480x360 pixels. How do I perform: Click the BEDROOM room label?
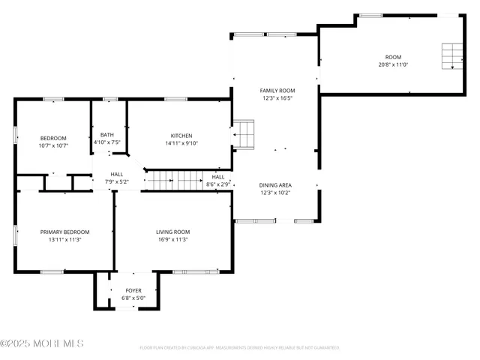click(x=53, y=138)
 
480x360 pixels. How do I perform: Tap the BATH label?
click(x=107, y=135)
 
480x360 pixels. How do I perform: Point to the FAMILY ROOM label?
click(x=277, y=91)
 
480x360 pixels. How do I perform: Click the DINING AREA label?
click(x=276, y=184)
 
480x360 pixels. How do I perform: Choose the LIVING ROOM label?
click(x=172, y=232)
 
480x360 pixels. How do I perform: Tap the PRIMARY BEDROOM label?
click(x=64, y=232)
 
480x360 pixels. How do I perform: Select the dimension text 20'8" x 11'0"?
click(x=393, y=65)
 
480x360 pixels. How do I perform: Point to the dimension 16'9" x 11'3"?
click(x=172, y=240)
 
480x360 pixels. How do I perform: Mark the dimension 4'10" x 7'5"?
click(x=107, y=142)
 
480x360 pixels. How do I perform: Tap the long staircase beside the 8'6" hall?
click(x=173, y=180)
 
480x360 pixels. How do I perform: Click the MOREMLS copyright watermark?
click(x=42, y=343)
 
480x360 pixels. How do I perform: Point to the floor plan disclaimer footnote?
click(x=239, y=348)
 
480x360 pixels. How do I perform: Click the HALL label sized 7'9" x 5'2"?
click(x=117, y=174)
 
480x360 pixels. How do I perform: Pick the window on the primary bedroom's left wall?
click(x=15, y=234)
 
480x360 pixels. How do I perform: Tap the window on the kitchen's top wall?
click(x=175, y=98)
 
